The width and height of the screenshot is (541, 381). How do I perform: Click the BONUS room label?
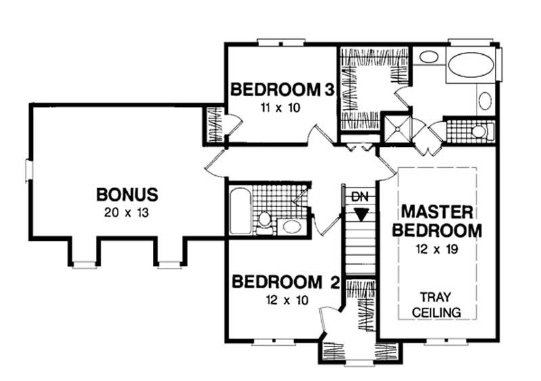(127, 194)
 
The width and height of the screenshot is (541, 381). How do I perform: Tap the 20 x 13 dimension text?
(126, 212)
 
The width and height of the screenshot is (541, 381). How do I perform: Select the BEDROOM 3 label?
(282, 89)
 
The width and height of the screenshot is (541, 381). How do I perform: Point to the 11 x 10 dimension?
(281, 108)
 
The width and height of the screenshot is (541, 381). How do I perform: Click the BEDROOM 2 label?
(286, 282)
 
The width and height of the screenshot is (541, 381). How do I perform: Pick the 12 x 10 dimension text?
(287, 300)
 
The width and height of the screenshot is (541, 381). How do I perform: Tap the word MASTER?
(437, 212)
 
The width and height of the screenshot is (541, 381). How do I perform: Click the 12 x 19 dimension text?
(437, 249)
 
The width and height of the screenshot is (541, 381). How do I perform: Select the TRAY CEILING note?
(436, 305)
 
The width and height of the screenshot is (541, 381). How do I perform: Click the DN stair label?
(360, 197)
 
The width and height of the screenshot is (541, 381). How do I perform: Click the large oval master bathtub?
(471, 64)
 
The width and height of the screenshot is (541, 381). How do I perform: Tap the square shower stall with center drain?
(398, 129)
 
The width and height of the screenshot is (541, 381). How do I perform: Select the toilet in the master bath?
(481, 131)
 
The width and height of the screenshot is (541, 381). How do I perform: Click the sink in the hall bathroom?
(292, 227)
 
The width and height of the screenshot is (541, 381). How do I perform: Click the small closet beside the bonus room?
(214, 125)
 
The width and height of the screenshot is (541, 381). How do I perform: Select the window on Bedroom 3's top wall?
(281, 43)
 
